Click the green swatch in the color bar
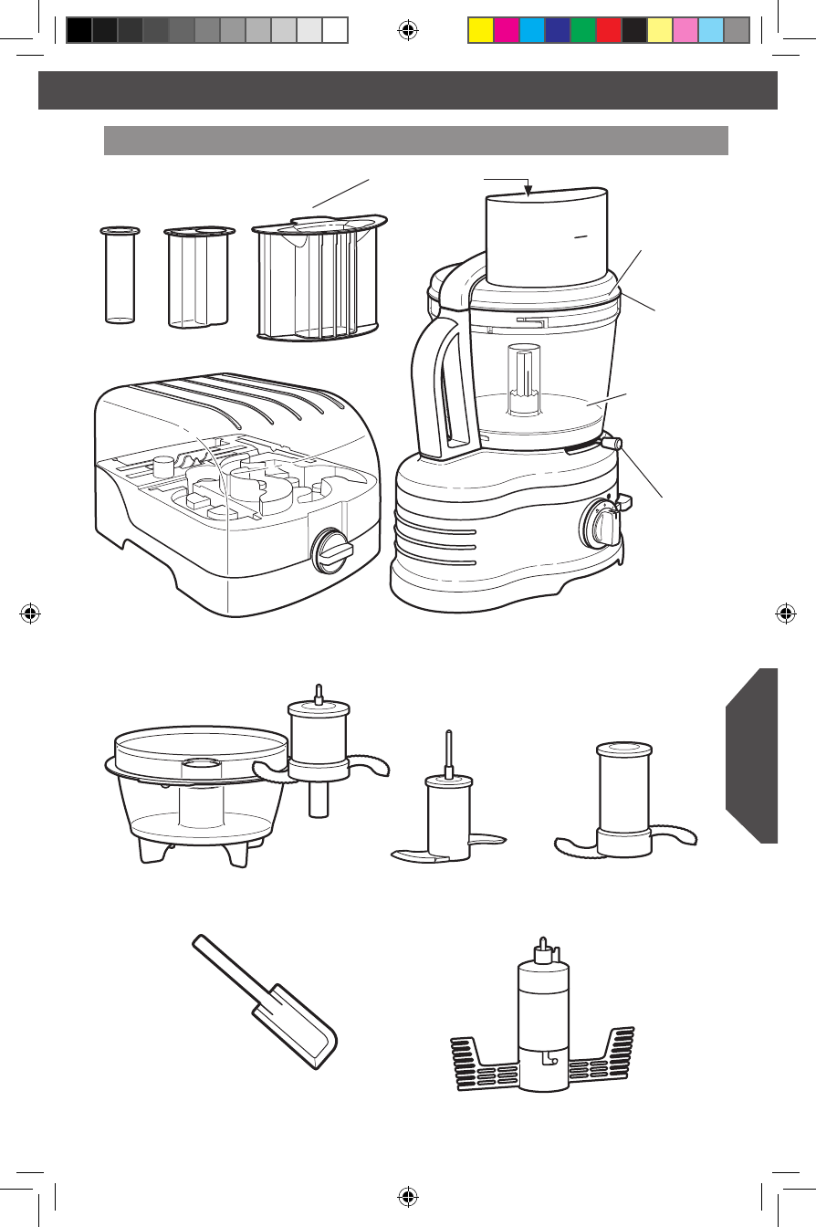tap(583, 31)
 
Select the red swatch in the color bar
tap(609, 31)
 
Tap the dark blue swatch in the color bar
tap(558, 31)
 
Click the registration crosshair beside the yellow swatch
tap(409, 31)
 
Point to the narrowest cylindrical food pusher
tap(118, 275)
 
